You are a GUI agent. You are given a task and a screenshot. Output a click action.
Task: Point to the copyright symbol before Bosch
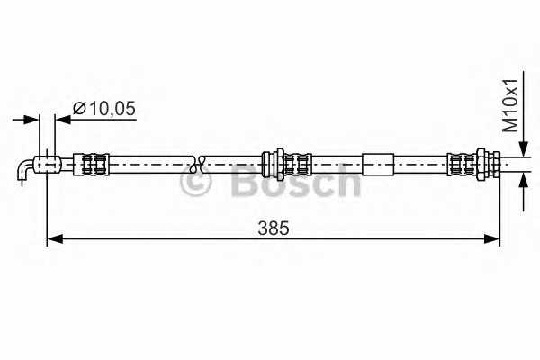[196, 183]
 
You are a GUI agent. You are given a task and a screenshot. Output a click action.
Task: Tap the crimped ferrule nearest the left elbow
[91, 164]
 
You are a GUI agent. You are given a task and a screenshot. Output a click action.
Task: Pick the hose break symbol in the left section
[200, 164]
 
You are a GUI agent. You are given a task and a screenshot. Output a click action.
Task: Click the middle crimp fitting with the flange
[287, 164]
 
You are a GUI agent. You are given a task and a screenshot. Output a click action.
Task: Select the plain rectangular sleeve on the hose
[379, 164]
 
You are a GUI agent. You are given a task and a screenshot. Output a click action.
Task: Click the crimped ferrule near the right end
[462, 164]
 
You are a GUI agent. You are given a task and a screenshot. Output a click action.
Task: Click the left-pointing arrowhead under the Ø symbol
[63, 118]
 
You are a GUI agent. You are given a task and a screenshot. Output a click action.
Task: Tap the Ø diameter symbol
[78, 108]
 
